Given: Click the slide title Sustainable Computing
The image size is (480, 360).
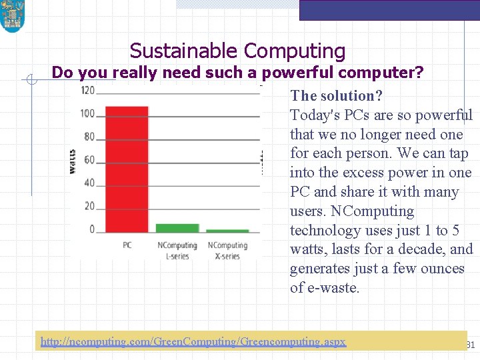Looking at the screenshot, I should [x=237, y=51].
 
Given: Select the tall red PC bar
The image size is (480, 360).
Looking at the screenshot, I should [x=127, y=169].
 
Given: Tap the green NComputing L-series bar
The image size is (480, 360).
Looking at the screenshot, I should [x=177, y=227].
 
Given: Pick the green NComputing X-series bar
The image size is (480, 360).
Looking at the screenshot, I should [x=227, y=231].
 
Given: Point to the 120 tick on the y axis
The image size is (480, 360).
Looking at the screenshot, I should [x=87, y=90].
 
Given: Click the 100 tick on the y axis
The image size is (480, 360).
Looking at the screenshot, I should [x=87, y=113].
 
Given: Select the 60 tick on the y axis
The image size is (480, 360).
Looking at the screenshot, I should [x=89, y=160].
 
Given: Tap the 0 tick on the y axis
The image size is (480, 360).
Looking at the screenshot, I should [x=92, y=230].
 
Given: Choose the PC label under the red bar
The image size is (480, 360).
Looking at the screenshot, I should [x=127, y=245].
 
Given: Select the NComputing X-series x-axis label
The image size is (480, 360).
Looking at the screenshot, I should [x=227, y=251].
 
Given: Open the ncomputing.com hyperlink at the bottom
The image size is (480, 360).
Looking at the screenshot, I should [x=193, y=341].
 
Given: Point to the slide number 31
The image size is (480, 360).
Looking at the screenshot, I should [x=469, y=345].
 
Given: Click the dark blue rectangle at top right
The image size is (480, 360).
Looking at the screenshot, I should [x=389, y=10].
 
